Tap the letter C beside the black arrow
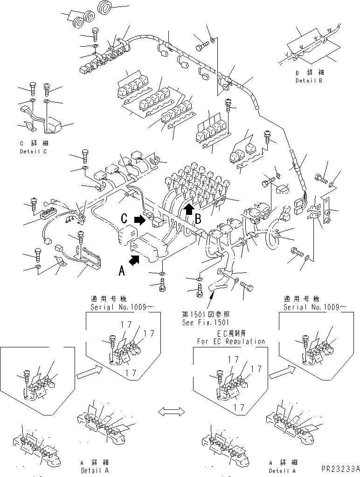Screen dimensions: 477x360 [125, 218]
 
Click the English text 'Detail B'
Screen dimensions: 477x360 [308, 81]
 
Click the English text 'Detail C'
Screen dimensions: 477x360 [33, 152]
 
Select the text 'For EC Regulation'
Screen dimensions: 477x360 [230, 341]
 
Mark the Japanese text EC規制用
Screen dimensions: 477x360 [230, 334]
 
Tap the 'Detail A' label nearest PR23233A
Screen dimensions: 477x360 [283, 470]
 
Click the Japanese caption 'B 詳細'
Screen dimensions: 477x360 [309, 73]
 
